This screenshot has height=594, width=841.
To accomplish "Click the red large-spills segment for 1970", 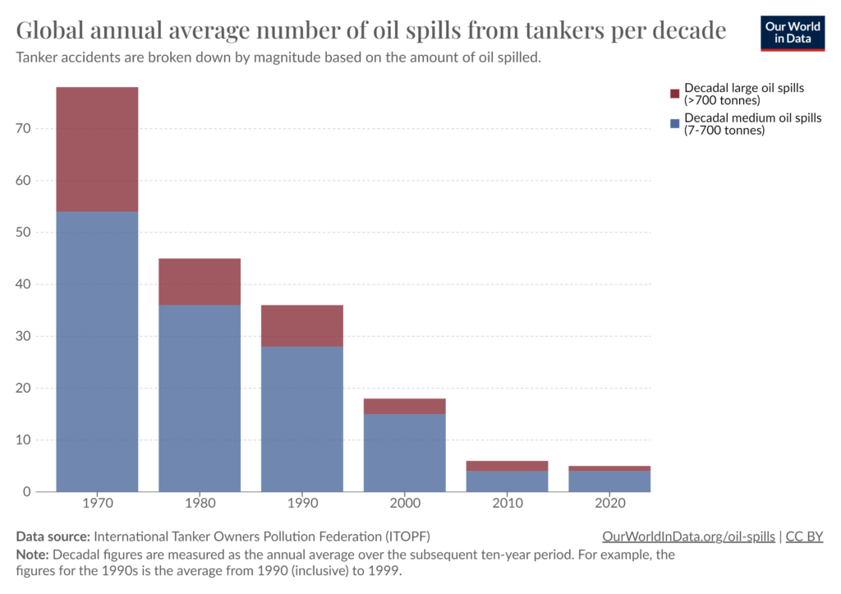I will pos(97,149).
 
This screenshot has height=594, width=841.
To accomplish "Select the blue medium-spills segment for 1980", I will pos(200,398).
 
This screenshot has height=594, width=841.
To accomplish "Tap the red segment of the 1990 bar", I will pos(302,325).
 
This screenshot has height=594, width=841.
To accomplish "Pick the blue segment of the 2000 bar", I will pos(405,453).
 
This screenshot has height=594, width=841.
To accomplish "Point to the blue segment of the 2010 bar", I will pos(508,481).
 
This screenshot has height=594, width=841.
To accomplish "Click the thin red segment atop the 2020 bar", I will pos(609,468).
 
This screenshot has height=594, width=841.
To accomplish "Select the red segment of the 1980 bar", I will pos(200,282).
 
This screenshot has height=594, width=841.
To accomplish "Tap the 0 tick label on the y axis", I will pos(27,492).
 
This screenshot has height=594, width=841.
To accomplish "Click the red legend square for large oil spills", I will pos(675,94).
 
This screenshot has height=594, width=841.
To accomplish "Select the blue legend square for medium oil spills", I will pos(675,123).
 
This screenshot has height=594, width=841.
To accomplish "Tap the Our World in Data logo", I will pos(793,33).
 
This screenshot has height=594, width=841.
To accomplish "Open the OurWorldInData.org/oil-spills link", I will pos(688,536).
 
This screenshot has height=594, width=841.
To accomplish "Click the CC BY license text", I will pos(804,536).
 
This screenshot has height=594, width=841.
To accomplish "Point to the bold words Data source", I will pos(53,536).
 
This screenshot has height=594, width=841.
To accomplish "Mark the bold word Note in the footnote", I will pos(32,555).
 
